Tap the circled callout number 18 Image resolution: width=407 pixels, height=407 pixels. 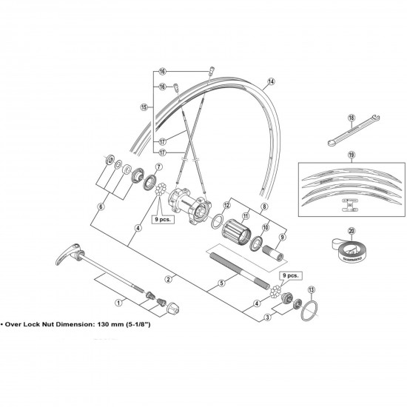(x=352, y=117)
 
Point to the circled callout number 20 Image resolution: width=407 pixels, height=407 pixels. (x=351, y=230)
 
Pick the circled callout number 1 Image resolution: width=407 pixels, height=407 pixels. (x=118, y=302)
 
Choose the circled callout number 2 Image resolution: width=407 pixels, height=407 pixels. (x=169, y=278)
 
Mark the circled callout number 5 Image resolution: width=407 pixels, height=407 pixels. (x=221, y=283)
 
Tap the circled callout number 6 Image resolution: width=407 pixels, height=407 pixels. (x=101, y=207)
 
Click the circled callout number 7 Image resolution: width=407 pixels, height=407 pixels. (x=158, y=168)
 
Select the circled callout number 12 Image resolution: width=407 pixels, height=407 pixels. (x=228, y=206)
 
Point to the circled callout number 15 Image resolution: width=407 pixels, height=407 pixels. (x=144, y=107)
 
